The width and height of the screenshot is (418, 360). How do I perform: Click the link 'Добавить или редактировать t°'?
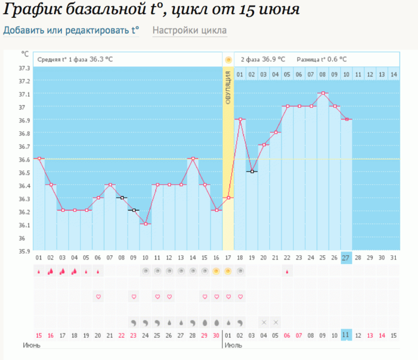click(x=71, y=30)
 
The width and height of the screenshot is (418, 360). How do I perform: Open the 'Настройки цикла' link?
click(x=189, y=30)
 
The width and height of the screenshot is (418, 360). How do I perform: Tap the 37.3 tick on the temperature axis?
click(x=24, y=68)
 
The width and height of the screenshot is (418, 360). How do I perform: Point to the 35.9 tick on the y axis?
click(x=24, y=251)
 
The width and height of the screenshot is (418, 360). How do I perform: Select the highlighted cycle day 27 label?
click(x=346, y=258)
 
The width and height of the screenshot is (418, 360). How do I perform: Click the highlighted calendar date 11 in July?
click(x=346, y=335)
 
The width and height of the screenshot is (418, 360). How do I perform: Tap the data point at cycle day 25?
click(x=323, y=93)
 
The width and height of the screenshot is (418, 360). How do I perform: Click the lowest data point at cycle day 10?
click(x=145, y=224)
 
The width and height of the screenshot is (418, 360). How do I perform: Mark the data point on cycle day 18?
click(x=240, y=119)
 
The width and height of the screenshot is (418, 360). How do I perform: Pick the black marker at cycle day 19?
click(x=251, y=172)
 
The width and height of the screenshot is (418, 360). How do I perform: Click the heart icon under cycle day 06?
click(x=98, y=296)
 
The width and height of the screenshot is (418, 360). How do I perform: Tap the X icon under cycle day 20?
click(x=263, y=323)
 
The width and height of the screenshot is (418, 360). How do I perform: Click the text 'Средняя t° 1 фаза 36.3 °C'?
click(x=75, y=59)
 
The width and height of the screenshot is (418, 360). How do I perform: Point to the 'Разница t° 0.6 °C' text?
click(x=321, y=59)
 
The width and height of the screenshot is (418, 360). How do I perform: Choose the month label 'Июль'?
click(x=233, y=345)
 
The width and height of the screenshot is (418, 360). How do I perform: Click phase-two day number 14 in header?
click(x=394, y=74)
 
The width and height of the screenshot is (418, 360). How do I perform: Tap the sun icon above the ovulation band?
click(x=228, y=59)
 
